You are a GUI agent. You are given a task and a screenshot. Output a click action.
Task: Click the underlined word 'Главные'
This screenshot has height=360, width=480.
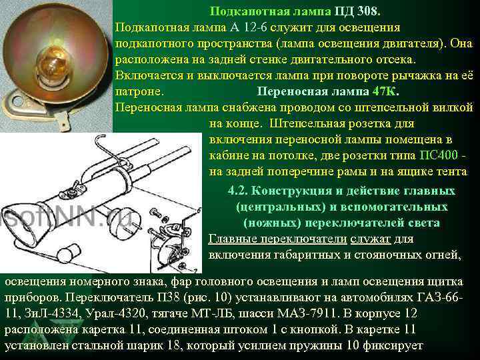click(x=231, y=239)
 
